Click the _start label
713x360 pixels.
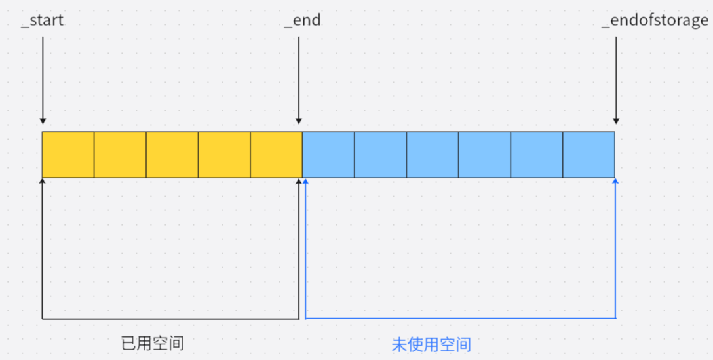(x=43, y=20)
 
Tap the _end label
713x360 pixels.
(x=302, y=20)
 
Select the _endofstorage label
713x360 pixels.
(x=655, y=20)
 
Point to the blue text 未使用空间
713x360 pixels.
(x=431, y=344)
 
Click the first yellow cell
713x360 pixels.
(x=68, y=155)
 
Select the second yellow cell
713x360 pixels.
(x=120, y=155)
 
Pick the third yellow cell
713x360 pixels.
(x=172, y=155)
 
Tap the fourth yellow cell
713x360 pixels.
(x=224, y=155)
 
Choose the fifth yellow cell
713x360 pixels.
(x=276, y=155)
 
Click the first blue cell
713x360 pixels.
(x=328, y=155)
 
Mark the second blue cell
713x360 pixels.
(x=380, y=155)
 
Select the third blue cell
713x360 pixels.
(x=433, y=155)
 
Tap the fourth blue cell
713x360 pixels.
(x=484, y=155)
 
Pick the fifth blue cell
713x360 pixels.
(x=536, y=155)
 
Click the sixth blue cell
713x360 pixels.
(x=588, y=155)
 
